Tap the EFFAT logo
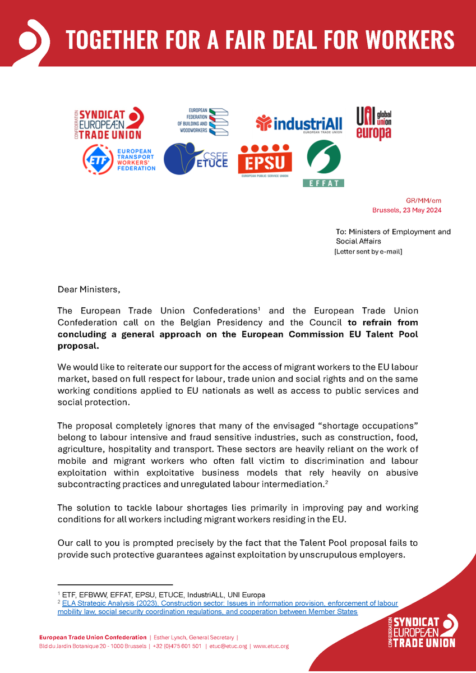click(324, 163)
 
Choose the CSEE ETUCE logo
click(196, 159)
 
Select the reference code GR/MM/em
click(423, 201)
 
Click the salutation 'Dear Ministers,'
click(89, 289)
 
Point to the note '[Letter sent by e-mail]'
click(368, 251)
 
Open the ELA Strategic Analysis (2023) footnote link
click(228, 607)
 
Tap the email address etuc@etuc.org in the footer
click(228, 646)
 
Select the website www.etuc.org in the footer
click(271, 646)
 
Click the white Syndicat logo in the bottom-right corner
click(422, 631)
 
